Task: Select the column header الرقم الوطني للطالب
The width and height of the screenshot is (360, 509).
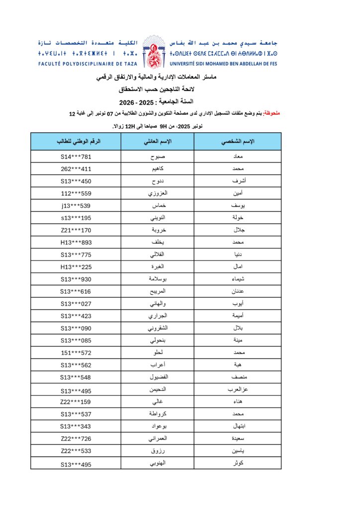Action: [76, 142]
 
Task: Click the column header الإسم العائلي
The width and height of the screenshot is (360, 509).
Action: [157, 142]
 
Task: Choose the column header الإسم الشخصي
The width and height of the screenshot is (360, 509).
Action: [237, 142]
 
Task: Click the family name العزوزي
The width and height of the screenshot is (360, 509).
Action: [157, 193]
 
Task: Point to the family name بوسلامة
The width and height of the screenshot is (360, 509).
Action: [157, 279]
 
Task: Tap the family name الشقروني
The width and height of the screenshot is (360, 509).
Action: [157, 328]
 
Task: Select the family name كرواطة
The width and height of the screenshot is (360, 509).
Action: [157, 414]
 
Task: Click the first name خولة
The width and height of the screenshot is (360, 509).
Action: [237, 218]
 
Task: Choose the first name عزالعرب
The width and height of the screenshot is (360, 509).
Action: [237, 390]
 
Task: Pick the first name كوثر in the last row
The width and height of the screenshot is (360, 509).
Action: [237, 464]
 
